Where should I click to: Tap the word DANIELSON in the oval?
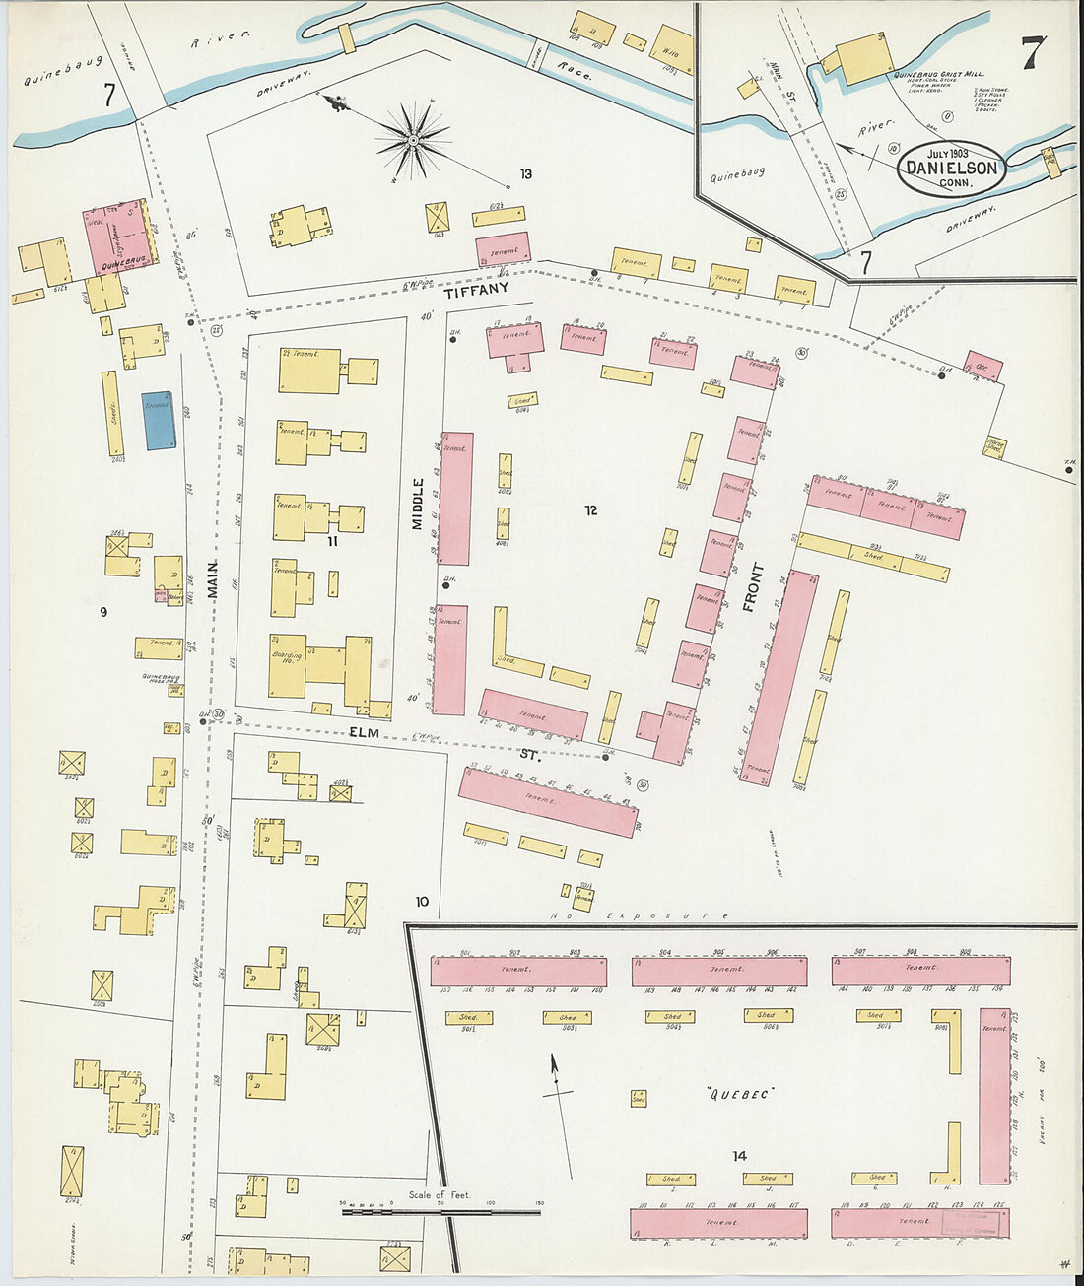[952, 168]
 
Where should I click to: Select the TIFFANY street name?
[476, 290]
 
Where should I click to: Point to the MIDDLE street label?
[418, 504]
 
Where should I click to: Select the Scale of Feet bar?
[440, 1211]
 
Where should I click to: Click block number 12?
[590, 510]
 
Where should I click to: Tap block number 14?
[739, 1156]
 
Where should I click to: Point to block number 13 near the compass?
[526, 174]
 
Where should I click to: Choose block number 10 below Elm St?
[422, 901]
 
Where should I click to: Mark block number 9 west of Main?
[102, 612]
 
